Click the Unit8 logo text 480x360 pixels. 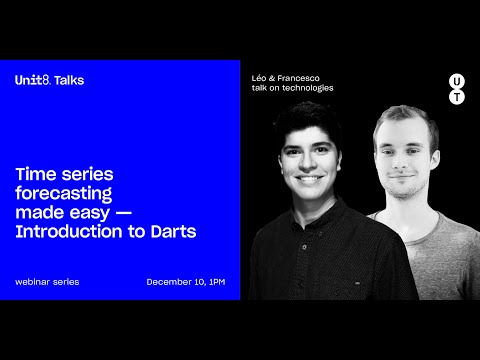pos(32,80)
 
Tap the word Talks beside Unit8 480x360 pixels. pos(69,80)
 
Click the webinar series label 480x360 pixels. pos(47,282)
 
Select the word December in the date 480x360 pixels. pos(168,282)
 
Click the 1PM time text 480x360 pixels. pos(216,282)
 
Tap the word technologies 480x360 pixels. pos(308,88)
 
